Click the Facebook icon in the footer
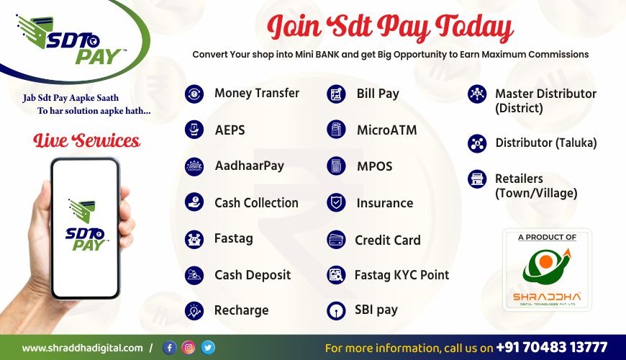(169, 348)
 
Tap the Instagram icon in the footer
(189, 348)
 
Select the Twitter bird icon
(208, 348)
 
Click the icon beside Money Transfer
(194, 94)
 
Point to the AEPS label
(230, 130)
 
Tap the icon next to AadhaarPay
(194, 166)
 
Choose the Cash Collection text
(256, 203)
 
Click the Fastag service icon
(194, 239)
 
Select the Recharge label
(241, 310)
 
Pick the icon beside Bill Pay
(336, 94)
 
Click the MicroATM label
(387, 130)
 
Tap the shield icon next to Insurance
(336, 202)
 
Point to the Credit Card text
(388, 240)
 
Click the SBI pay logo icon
(336, 311)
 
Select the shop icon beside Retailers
(477, 179)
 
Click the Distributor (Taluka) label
(546, 143)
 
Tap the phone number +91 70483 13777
(552, 347)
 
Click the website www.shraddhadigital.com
(82, 348)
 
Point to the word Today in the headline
(474, 28)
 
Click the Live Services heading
(86, 140)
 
